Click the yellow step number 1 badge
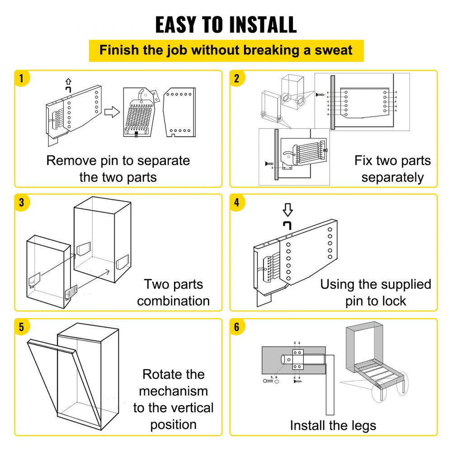click(21, 78)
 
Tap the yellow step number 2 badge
click(236, 78)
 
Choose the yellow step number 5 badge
click(21, 327)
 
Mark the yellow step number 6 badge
click(236, 327)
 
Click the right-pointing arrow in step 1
click(112, 112)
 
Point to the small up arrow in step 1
click(68, 81)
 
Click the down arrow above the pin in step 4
click(287, 210)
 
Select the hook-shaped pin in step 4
click(287, 225)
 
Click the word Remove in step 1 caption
click(71, 160)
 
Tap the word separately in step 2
click(392, 177)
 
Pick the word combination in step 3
click(173, 301)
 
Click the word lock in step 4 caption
click(394, 301)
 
